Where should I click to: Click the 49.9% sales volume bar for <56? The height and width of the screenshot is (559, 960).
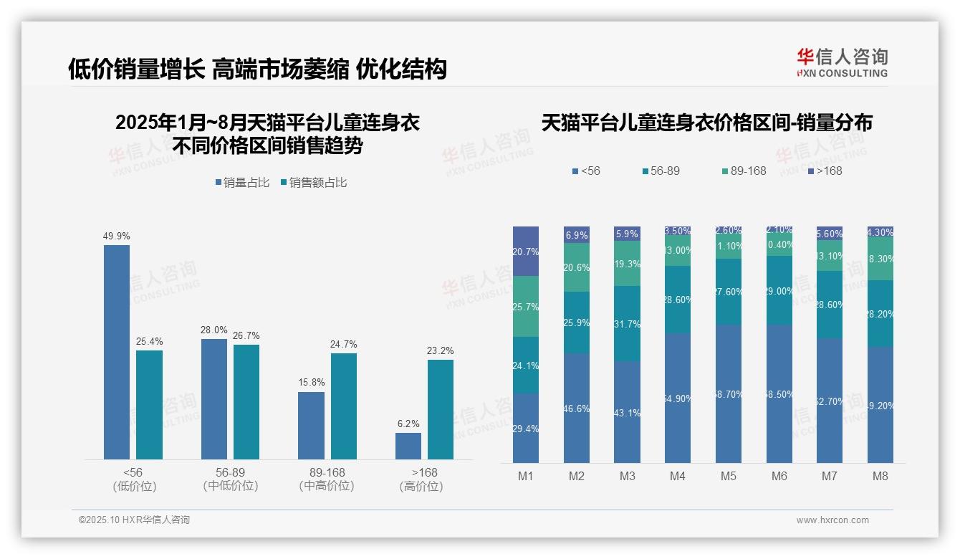click(117, 352)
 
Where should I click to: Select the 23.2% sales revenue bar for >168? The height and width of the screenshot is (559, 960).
click(441, 409)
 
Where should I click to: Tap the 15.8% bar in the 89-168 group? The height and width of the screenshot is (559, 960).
click(311, 425)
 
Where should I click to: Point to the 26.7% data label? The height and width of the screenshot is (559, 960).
click(246, 335)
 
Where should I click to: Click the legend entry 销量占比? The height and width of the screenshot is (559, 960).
click(242, 183)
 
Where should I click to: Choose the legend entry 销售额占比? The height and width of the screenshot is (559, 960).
click(313, 183)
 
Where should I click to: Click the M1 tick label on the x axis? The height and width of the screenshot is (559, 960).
click(526, 477)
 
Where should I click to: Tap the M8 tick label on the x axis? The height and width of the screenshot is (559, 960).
click(880, 477)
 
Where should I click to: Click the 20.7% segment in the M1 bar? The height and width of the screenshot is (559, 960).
click(526, 252)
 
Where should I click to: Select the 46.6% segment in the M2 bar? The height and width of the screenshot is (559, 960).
click(577, 408)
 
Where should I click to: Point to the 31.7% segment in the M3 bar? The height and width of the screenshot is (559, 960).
click(627, 323)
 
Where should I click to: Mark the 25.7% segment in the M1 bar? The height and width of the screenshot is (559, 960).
click(526, 307)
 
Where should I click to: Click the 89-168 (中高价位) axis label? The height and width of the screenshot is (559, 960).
click(327, 479)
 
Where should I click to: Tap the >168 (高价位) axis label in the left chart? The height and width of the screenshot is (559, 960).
click(424, 479)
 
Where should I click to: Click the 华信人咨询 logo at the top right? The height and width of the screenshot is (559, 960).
click(842, 62)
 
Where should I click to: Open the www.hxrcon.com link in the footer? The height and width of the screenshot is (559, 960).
click(832, 520)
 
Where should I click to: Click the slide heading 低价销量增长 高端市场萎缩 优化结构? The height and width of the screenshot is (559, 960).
click(257, 69)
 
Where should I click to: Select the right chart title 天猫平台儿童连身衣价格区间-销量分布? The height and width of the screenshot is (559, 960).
click(706, 123)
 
